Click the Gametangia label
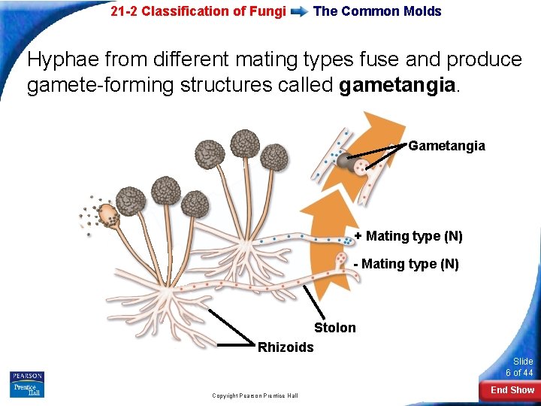[446, 146]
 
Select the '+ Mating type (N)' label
[409, 237]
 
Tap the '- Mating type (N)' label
[406, 264]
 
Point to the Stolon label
[334, 328]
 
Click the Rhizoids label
[286, 347]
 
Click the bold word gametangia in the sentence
[397, 86]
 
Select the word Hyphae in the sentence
[63, 60]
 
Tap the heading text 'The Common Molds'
[377, 11]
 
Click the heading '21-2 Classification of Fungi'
[198, 11]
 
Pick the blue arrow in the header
[299, 12]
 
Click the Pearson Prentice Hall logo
[27, 384]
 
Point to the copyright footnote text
[255, 395]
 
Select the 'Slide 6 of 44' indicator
[519, 367]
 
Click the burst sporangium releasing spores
[105, 214]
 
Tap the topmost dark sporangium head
[245, 144]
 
